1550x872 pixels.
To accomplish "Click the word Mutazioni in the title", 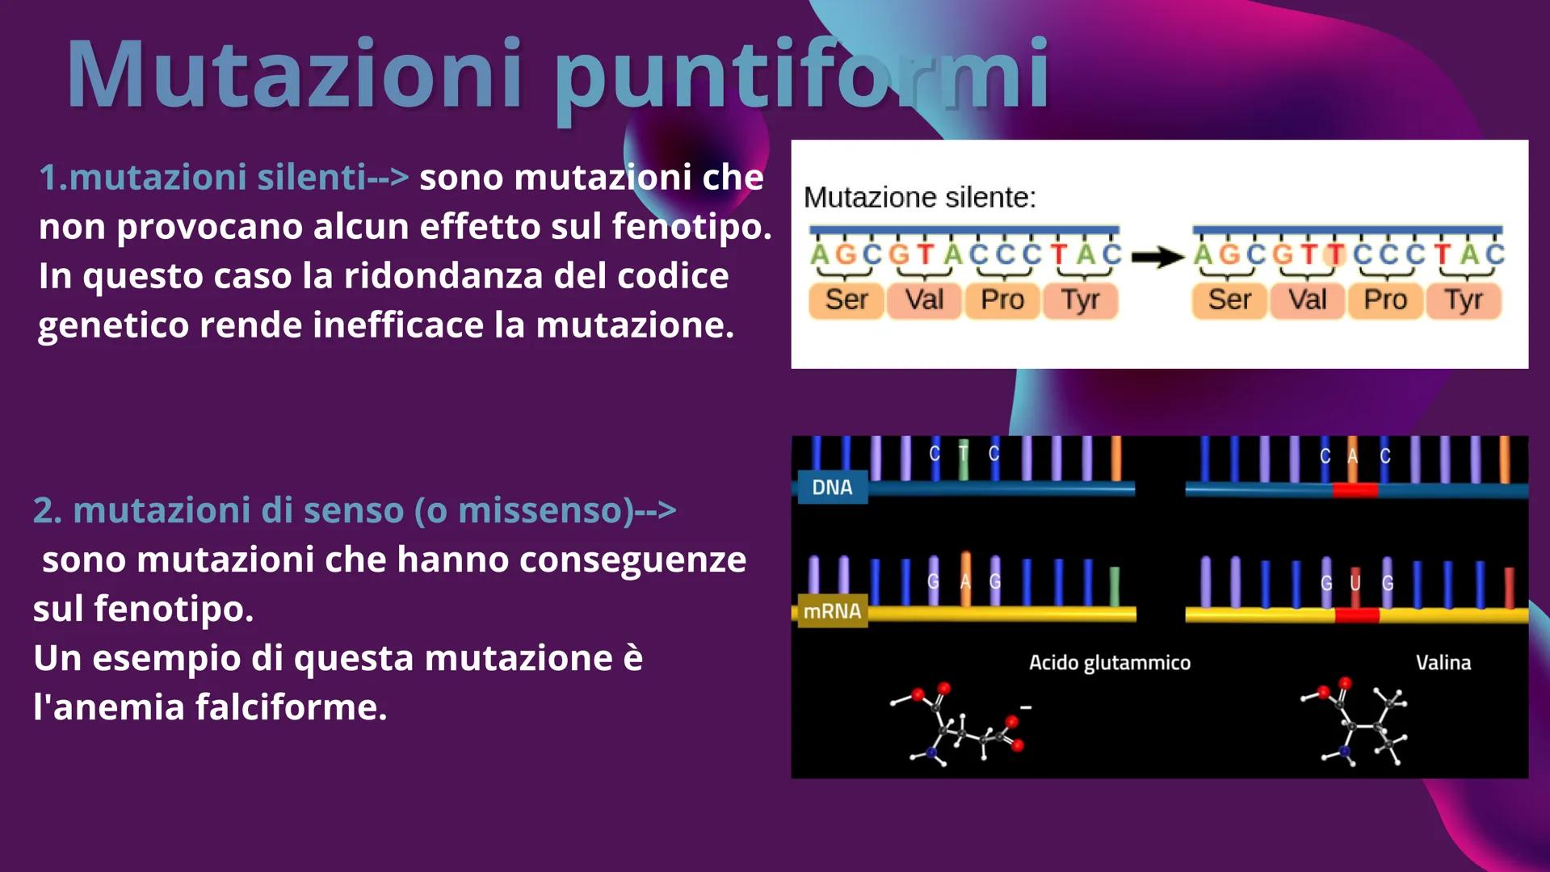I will click(294, 74).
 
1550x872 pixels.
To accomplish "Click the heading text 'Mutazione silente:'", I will click(919, 197).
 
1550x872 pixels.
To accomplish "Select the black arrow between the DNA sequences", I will click(1157, 257).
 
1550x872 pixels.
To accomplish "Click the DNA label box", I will click(832, 487).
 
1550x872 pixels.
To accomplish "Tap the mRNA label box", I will click(832, 611).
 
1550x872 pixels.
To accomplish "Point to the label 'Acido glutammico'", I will click(1109, 663).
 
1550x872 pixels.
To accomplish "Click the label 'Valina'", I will click(1443, 663).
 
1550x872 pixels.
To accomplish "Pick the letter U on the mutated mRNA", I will click(1355, 583).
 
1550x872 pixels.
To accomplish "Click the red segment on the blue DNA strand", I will click(1355, 490).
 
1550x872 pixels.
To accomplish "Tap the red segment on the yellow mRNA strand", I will click(1357, 615).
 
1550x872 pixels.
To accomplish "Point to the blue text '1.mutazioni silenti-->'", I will click(224, 178).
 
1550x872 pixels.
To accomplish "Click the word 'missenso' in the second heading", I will click(546, 510).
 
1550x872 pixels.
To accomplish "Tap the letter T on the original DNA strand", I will click(964, 454).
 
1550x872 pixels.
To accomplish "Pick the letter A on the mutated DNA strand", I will click(1353, 456).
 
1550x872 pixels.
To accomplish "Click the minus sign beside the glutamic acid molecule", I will click(1025, 707).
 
